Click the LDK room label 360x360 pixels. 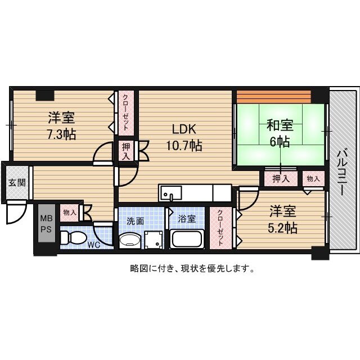(x=183, y=128)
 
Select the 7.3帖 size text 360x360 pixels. (x=62, y=134)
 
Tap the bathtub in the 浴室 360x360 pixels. (x=187, y=239)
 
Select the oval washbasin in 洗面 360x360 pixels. (x=130, y=241)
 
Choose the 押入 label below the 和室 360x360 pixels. (x=281, y=179)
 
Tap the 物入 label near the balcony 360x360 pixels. (x=313, y=179)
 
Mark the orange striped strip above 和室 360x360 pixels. (x=273, y=95)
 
